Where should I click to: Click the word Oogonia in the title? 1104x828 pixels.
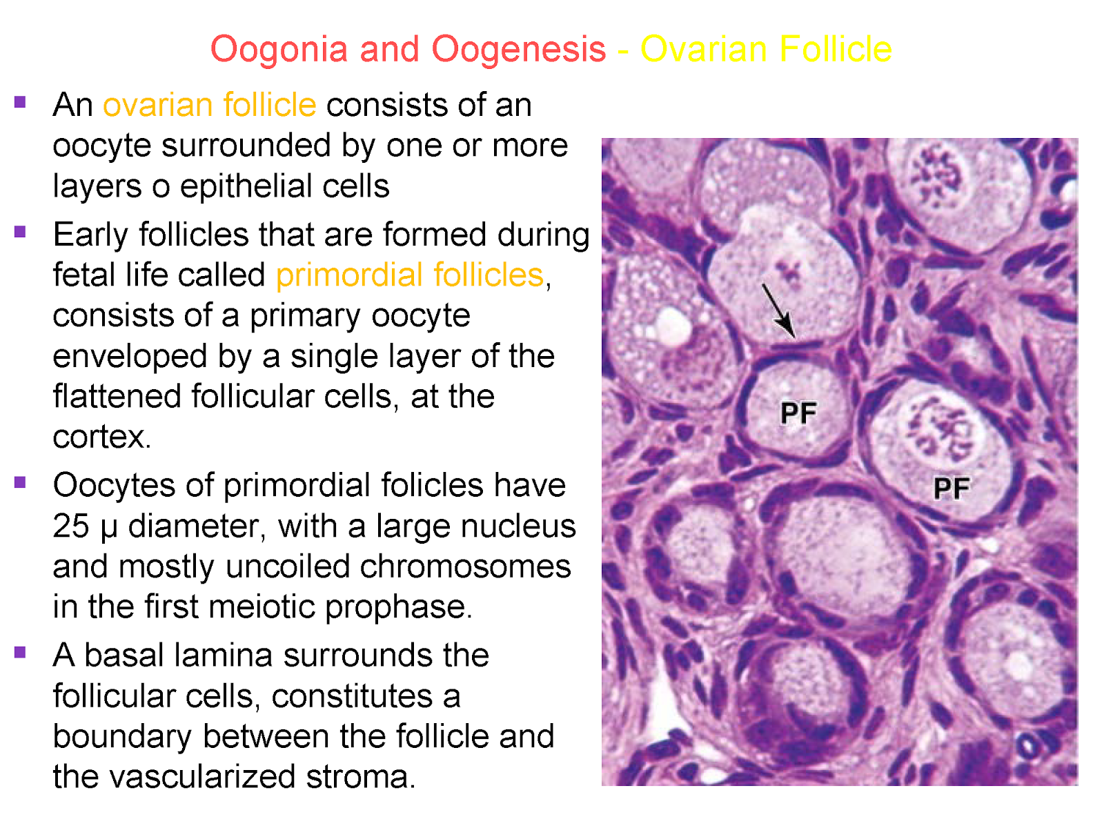pos(279,50)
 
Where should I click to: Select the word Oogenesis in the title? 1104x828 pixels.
pos(518,50)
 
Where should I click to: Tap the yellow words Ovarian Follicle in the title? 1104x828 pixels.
pos(766,50)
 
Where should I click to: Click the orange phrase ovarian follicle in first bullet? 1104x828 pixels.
pos(209,106)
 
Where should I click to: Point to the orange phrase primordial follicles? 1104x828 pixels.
pos(410,275)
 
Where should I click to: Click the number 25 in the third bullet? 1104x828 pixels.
pos(70,526)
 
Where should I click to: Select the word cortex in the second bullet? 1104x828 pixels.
pos(101,437)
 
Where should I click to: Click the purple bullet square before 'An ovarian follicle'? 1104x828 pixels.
pos(19,103)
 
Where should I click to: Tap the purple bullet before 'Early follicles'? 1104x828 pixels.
pos(19,232)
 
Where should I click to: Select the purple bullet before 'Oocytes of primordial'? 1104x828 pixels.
pos(19,482)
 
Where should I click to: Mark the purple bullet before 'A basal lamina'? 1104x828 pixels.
pos(19,652)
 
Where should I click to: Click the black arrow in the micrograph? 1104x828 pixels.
pos(779,310)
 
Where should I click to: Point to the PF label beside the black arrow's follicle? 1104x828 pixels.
pos(798,413)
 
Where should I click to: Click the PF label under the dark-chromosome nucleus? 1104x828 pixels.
pos(952,489)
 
